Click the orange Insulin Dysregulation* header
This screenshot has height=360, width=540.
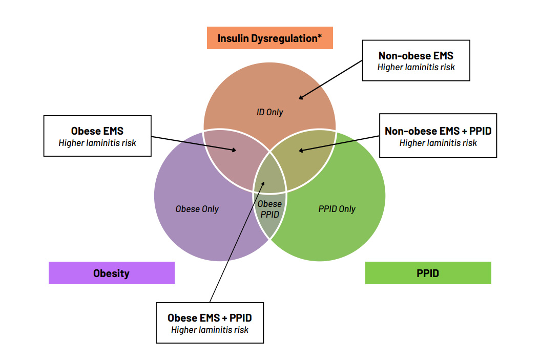[269, 38]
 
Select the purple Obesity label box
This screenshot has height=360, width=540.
[111, 273]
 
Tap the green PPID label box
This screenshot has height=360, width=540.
[428, 273]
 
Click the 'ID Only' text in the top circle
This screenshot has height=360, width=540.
[269, 112]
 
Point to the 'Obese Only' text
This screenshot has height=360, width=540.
[197, 209]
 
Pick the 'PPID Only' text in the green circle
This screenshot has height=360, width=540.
[337, 209]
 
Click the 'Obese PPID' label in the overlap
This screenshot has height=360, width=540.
[270, 209]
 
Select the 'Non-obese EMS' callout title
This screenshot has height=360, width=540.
[416, 56]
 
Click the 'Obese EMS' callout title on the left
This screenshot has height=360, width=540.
[97, 131]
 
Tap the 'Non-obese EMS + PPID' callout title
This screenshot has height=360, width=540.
[438, 131]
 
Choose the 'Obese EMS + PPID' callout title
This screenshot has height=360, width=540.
[210, 318]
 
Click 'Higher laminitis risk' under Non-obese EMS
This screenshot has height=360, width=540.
[416, 67]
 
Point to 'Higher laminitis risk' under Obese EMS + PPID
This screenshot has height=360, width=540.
[210, 330]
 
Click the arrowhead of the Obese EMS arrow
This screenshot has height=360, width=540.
[235, 151]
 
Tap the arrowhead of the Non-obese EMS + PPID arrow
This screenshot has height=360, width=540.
[300, 151]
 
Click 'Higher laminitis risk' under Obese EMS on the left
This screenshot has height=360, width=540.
[97, 143]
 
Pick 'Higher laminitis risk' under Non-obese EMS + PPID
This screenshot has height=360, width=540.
[438, 143]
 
